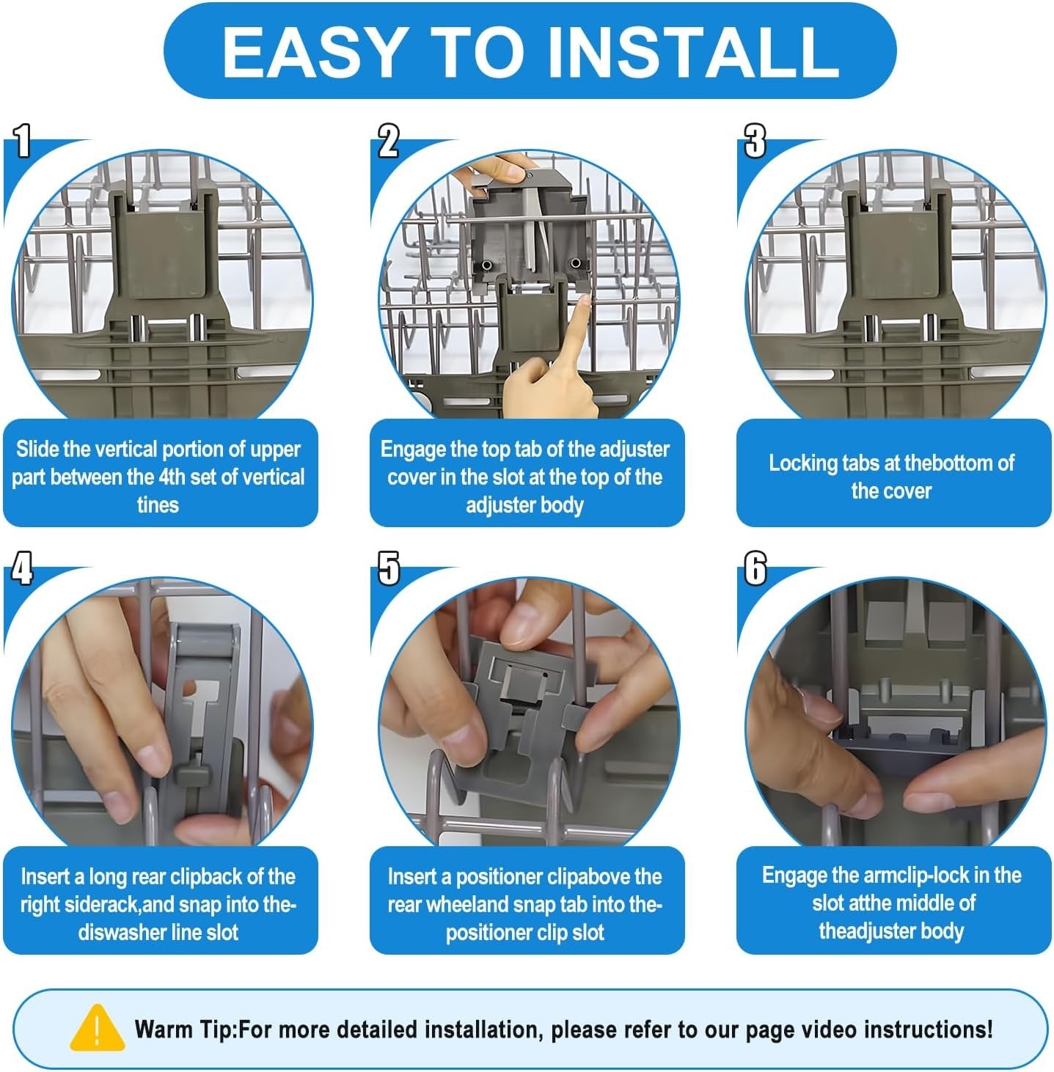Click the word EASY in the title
(x=312, y=52)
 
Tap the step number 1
(x=22, y=142)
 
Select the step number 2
(x=389, y=142)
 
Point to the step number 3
(x=755, y=142)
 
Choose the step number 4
(x=22, y=568)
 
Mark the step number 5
(x=389, y=568)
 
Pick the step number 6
(x=755, y=568)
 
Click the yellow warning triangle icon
(x=97, y=1028)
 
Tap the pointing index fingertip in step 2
(x=584, y=301)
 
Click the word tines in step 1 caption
(x=158, y=505)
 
